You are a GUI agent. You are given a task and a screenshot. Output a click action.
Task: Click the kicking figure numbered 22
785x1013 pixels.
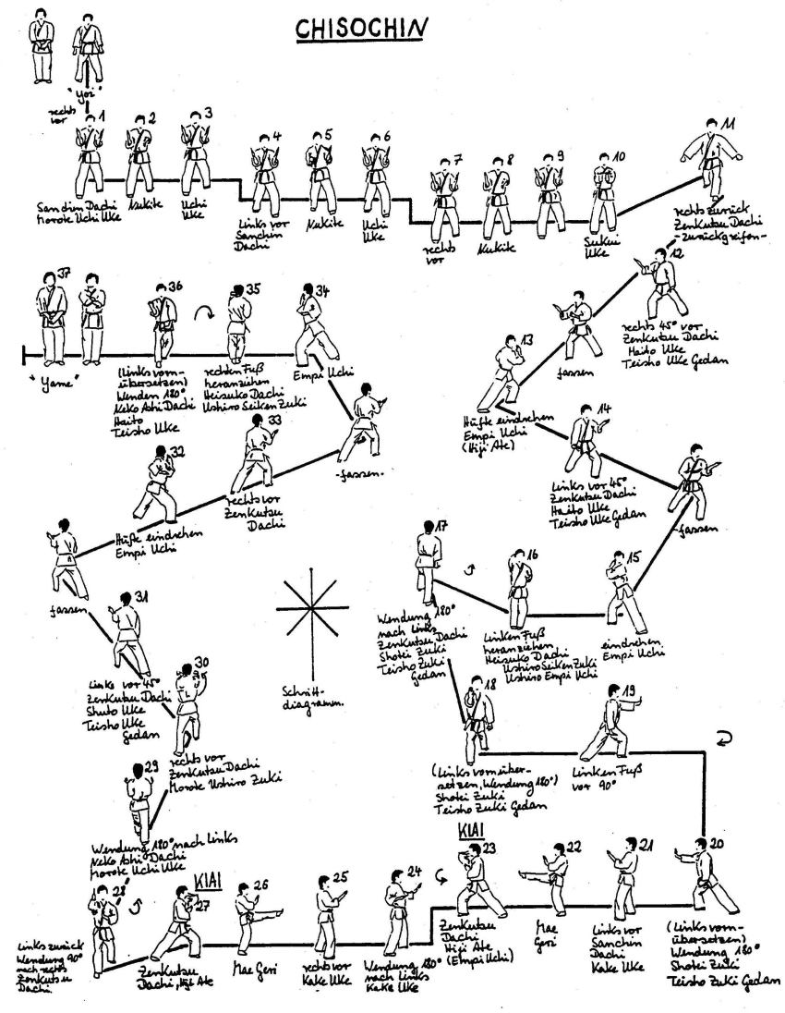[550, 873]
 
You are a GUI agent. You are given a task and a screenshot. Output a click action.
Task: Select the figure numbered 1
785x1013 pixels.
[90, 153]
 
